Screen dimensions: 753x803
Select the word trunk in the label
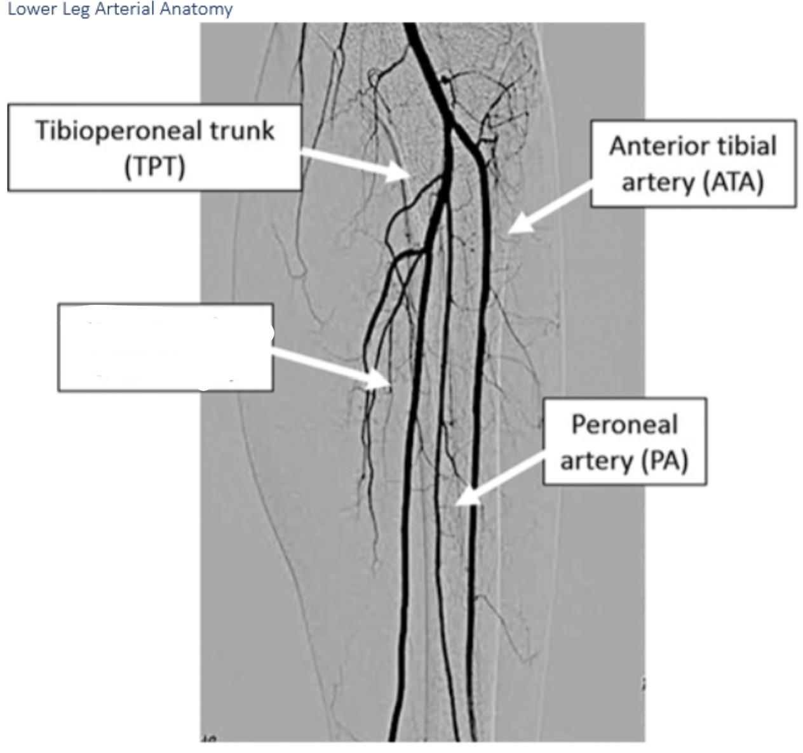(243, 130)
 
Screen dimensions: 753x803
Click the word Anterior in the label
(655, 146)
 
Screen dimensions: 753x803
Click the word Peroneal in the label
(624, 424)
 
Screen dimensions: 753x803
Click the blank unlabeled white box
(165, 347)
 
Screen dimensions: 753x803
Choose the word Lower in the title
(29, 10)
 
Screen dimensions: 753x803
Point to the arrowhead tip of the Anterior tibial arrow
(508, 232)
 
